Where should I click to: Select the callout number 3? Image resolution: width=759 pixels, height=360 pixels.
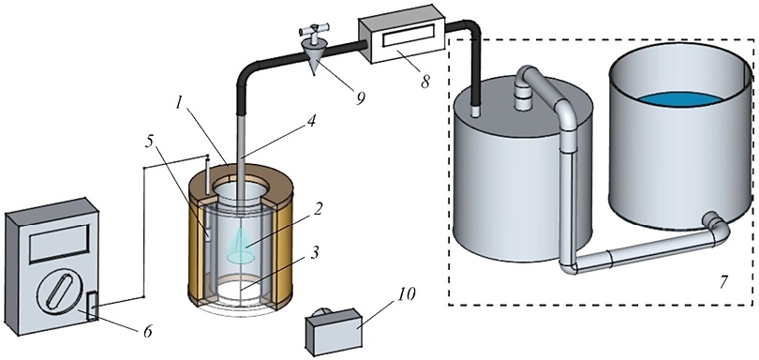pos(315,253)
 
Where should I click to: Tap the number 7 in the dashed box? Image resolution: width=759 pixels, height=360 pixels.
pos(723,282)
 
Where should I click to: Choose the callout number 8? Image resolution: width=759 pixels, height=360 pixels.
pos(425,82)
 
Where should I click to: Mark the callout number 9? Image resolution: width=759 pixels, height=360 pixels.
pos(360,97)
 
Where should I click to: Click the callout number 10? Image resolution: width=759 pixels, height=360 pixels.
pos(406,294)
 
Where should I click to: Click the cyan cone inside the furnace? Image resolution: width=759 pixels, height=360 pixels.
pos(241,246)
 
